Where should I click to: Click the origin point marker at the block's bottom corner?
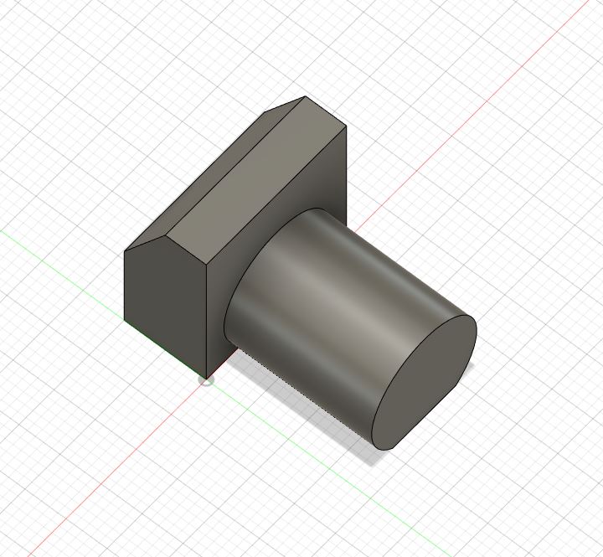coord(207,380)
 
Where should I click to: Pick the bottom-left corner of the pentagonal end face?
coord(125,320)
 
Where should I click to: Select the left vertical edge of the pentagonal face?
coord(125,285)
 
